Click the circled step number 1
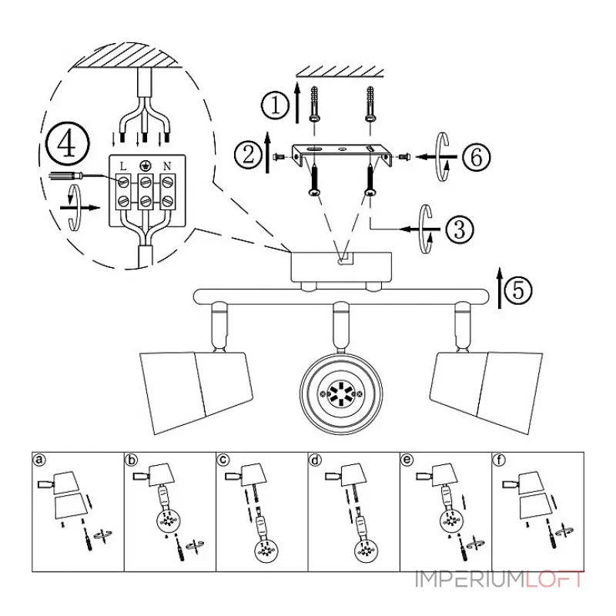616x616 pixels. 274,105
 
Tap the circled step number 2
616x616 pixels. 248,155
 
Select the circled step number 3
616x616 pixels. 459,228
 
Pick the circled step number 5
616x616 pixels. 519,290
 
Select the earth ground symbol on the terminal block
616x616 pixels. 144,165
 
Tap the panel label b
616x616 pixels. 132,460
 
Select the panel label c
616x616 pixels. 223,460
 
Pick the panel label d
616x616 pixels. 315,460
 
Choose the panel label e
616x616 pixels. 407,460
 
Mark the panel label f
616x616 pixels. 499,460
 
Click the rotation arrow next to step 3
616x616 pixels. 426,228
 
